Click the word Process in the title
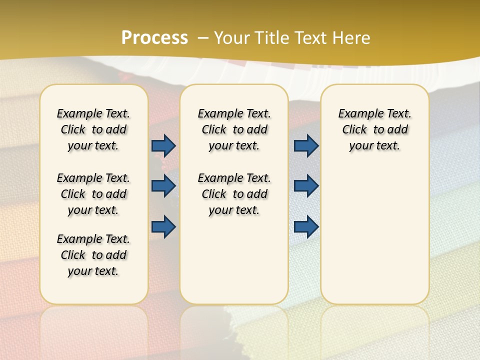154,38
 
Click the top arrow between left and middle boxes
163,145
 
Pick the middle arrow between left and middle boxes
163,186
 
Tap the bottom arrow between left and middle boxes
163,226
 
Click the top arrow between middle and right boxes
306,145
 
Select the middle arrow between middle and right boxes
306,186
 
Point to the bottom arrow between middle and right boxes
306,226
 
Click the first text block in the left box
93,129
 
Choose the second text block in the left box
93,194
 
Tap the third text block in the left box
93,255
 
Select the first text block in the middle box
234,129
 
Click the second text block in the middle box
234,194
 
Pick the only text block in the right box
374,129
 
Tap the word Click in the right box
354,129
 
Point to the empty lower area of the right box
374,235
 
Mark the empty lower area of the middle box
234,260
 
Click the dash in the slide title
203,38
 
